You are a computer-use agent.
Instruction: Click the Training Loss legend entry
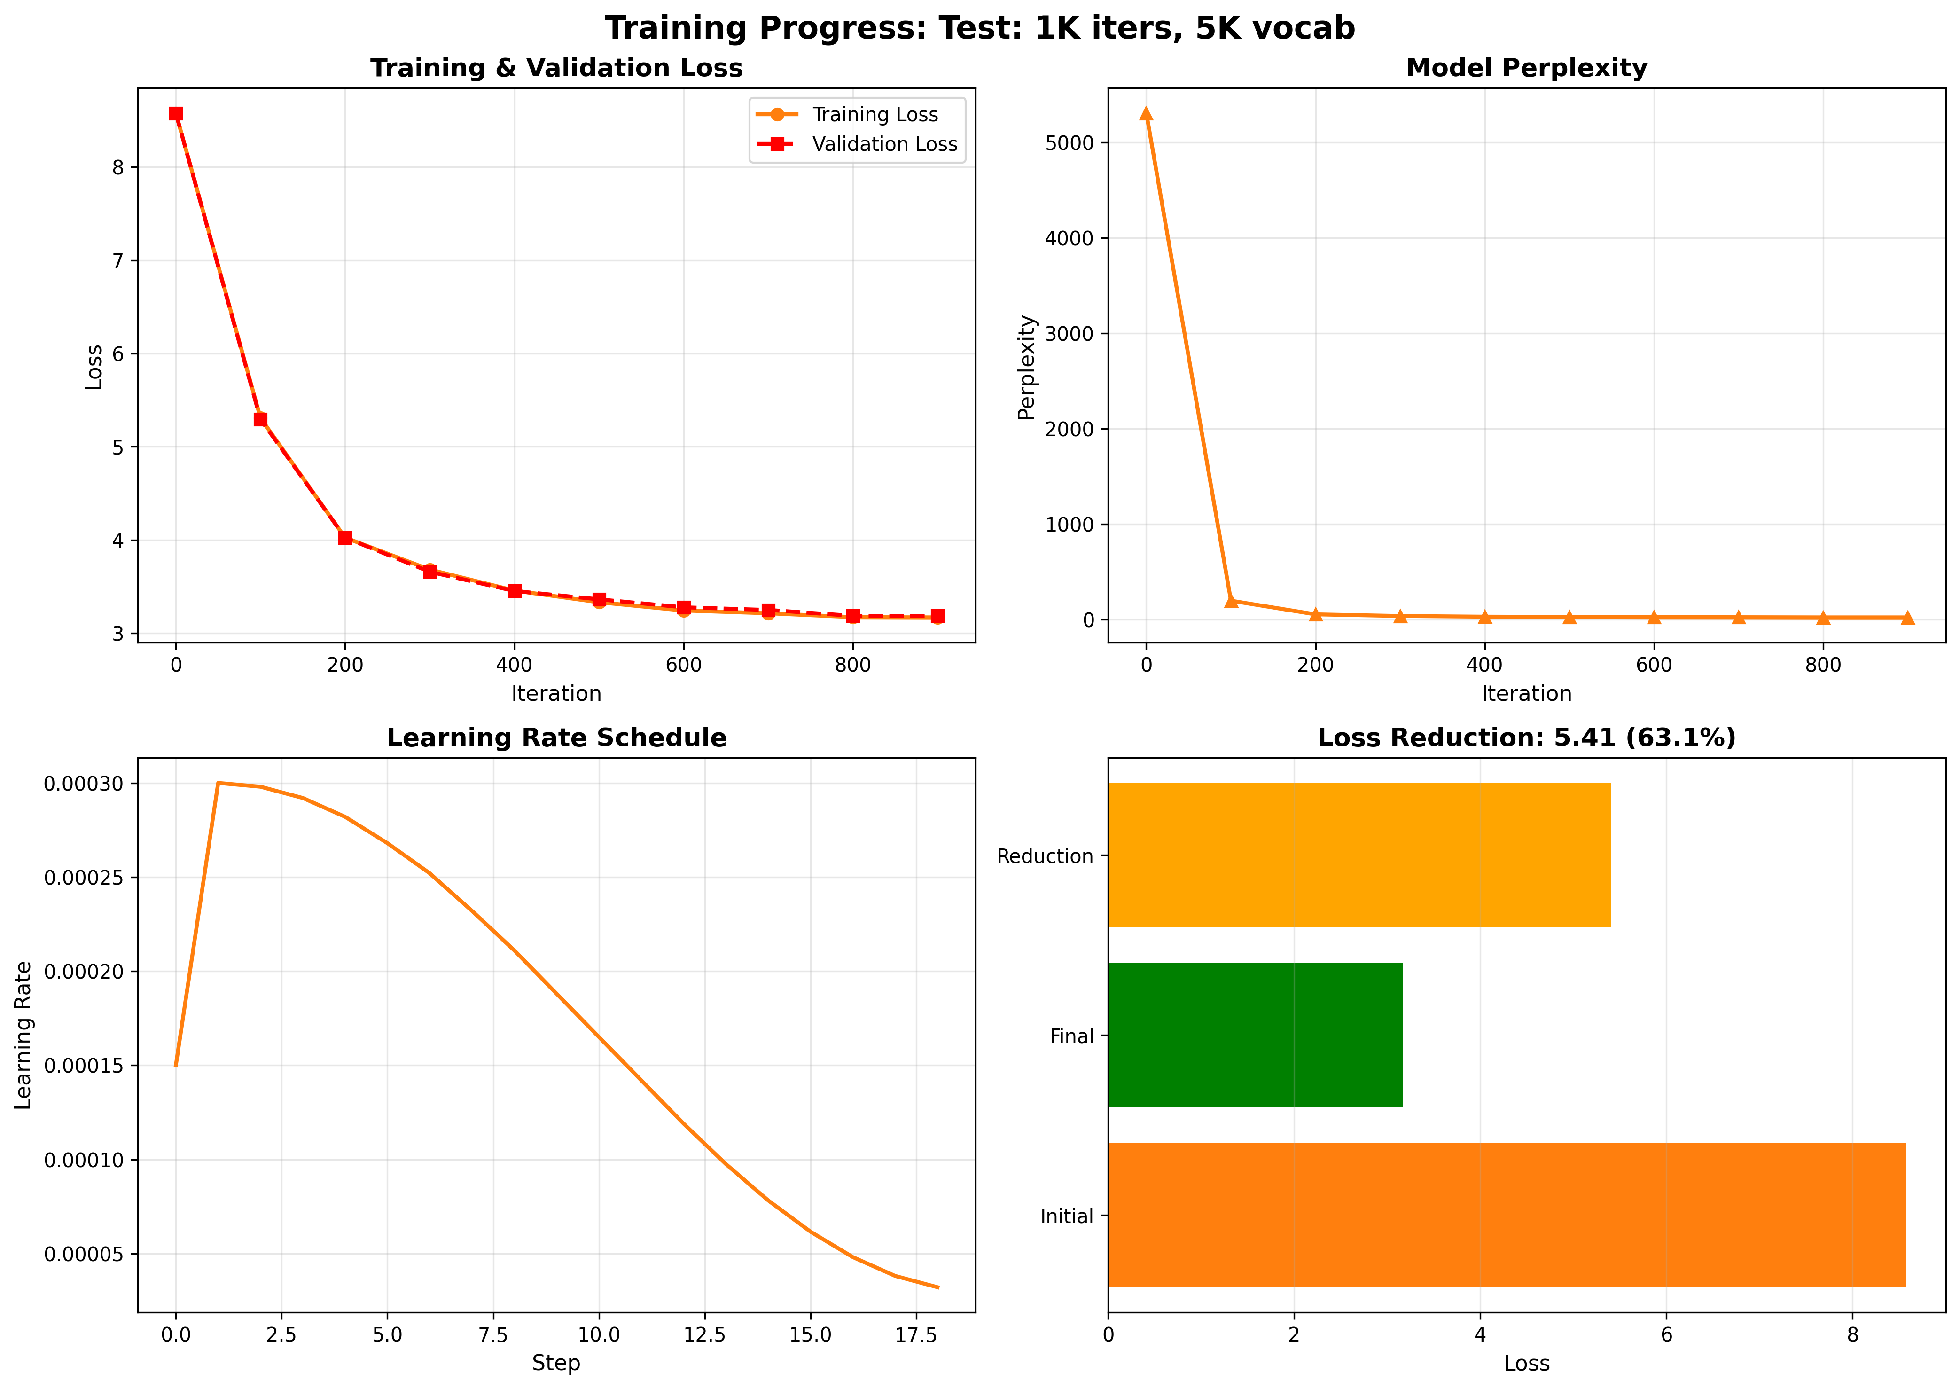tap(874, 115)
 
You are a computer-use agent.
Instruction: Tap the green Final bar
tap(1255, 1035)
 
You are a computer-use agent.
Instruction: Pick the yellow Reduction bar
tap(1359, 855)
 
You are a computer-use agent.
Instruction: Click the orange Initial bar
tap(1506, 1216)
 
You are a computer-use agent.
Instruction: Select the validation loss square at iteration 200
tap(344, 538)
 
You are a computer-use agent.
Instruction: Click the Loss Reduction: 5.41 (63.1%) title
tap(1526, 738)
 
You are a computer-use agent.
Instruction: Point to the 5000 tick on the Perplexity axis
tap(1069, 143)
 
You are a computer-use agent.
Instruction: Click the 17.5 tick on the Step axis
tap(916, 1335)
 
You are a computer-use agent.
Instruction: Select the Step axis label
tap(556, 1363)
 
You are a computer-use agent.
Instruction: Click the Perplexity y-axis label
tap(1027, 368)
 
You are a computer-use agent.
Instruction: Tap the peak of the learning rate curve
tap(218, 783)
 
